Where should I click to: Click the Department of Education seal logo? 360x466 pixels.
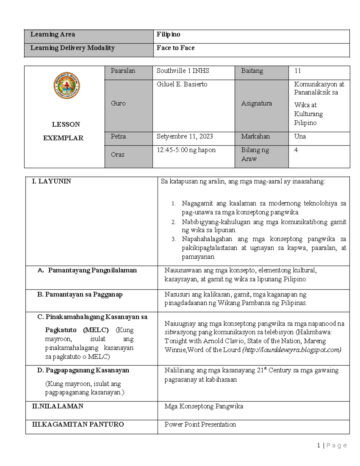click(67, 86)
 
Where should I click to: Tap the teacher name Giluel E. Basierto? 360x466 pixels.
click(182, 84)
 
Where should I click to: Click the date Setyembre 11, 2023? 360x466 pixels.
click(184, 137)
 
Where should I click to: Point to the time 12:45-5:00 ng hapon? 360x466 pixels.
click(186, 150)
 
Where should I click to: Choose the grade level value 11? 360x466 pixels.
click(297, 71)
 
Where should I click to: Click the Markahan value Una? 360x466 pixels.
click(300, 137)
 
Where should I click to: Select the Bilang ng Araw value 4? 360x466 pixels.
click(296, 150)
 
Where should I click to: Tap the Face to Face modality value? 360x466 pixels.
click(175, 48)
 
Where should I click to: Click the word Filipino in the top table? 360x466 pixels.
click(168, 35)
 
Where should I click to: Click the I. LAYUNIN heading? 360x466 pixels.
click(52, 181)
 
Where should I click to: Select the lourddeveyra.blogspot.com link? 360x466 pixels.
click(292, 350)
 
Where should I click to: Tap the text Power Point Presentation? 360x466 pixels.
click(200, 424)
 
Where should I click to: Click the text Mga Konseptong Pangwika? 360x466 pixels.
click(204, 406)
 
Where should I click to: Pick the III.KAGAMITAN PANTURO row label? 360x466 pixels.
click(78, 424)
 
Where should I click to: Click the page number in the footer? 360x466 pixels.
click(318, 446)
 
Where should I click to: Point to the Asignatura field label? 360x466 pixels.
click(256, 104)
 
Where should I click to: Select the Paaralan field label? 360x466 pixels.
click(123, 71)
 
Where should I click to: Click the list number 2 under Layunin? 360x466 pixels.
click(174, 222)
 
